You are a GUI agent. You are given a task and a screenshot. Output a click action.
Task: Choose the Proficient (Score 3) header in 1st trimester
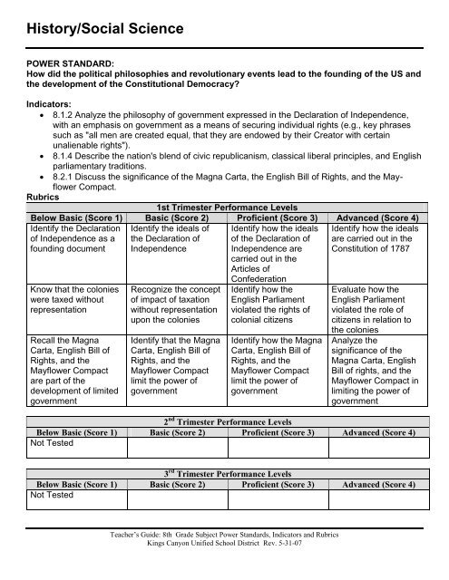click(288, 244)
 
